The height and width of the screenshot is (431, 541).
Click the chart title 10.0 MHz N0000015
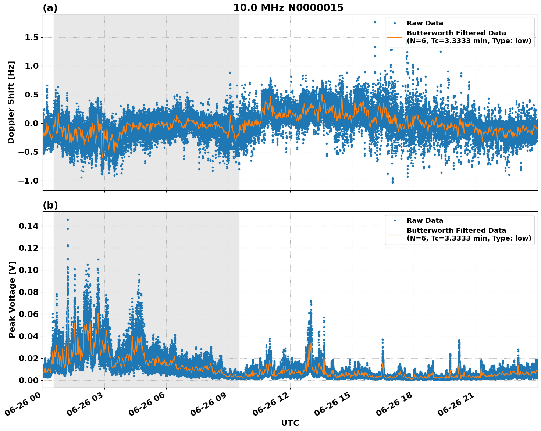coord(288,8)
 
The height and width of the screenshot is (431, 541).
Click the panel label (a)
coord(50,8)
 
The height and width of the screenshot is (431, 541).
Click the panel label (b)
coord(50,205)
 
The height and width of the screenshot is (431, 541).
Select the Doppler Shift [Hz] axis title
coord(11,102)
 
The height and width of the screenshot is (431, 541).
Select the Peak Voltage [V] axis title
coord(12,300)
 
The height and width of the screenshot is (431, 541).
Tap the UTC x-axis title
coord(290,423)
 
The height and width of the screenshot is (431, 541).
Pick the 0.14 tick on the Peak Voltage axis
coord(28,226)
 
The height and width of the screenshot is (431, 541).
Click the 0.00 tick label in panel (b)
coord(28,380)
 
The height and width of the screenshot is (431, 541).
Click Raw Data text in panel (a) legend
coord(425,23)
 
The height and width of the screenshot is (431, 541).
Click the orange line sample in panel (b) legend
coord(395,234)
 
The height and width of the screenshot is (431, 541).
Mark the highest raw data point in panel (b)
coord(68,220)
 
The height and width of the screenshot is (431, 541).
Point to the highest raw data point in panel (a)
coord(375,22)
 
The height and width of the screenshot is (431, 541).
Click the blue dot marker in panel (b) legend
coord(395,221)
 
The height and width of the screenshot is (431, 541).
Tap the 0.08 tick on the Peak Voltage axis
coord(28,292)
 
